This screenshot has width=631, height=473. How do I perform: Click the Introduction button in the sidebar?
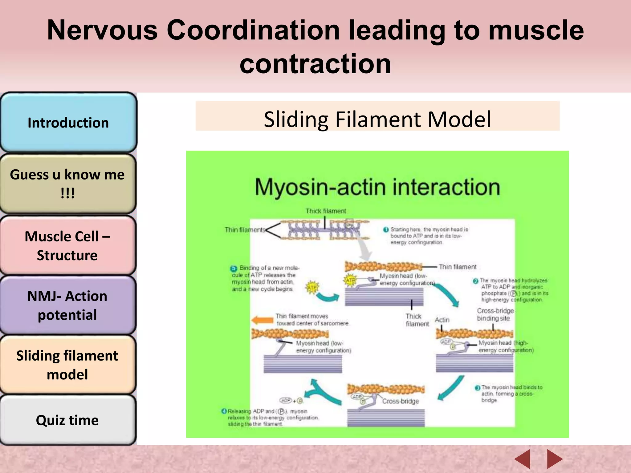68,123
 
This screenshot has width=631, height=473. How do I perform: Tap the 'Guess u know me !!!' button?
67,184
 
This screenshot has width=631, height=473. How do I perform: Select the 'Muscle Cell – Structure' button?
67,245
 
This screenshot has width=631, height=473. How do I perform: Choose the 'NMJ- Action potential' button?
67,305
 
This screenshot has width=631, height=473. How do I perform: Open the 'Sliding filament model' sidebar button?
67,365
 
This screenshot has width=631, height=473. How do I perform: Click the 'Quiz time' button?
67,420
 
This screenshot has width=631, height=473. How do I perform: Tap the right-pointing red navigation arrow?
554,459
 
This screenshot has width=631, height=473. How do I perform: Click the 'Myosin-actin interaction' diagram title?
377,187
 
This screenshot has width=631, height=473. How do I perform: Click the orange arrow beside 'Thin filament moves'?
262,320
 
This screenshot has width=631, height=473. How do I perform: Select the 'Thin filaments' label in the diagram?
245,230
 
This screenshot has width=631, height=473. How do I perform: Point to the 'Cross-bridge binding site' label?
495,314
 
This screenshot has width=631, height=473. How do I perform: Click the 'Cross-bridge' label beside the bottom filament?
401,401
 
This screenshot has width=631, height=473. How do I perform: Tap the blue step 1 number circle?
386,230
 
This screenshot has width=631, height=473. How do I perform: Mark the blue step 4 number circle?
224,411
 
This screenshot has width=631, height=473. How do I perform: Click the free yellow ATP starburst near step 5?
312,287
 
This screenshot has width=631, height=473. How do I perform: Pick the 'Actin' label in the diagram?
442,320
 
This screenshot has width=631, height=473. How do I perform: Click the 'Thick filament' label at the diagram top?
326,211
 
